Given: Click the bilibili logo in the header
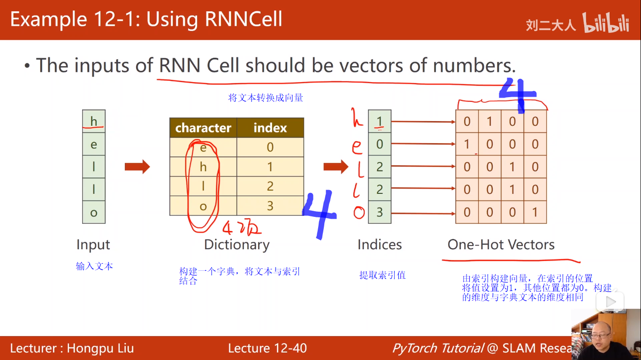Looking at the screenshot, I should [606, 23].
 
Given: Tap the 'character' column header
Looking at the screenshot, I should [203, 128].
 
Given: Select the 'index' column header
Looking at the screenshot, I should [270, 128].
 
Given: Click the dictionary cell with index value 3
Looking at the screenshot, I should [270, 206].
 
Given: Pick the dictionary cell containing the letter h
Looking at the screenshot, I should [203, 167].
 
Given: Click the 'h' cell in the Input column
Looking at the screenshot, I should [94, 122].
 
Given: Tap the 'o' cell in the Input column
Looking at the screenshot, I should [94, 213].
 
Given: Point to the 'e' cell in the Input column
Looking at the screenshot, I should [94, 144].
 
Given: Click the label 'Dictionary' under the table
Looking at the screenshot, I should [237, 245].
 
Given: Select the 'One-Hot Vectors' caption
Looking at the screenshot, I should [501, 245].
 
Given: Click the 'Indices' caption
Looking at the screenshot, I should [379, 245].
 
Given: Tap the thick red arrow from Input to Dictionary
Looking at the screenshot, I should [137, 167].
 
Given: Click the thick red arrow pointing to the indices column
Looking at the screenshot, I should [336, 166].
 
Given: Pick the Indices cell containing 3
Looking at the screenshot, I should [380, 213].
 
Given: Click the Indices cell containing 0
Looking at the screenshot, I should [380, 144].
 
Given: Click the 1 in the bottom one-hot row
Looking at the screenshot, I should [535, 213].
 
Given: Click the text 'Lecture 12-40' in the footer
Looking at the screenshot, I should [267, 348].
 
